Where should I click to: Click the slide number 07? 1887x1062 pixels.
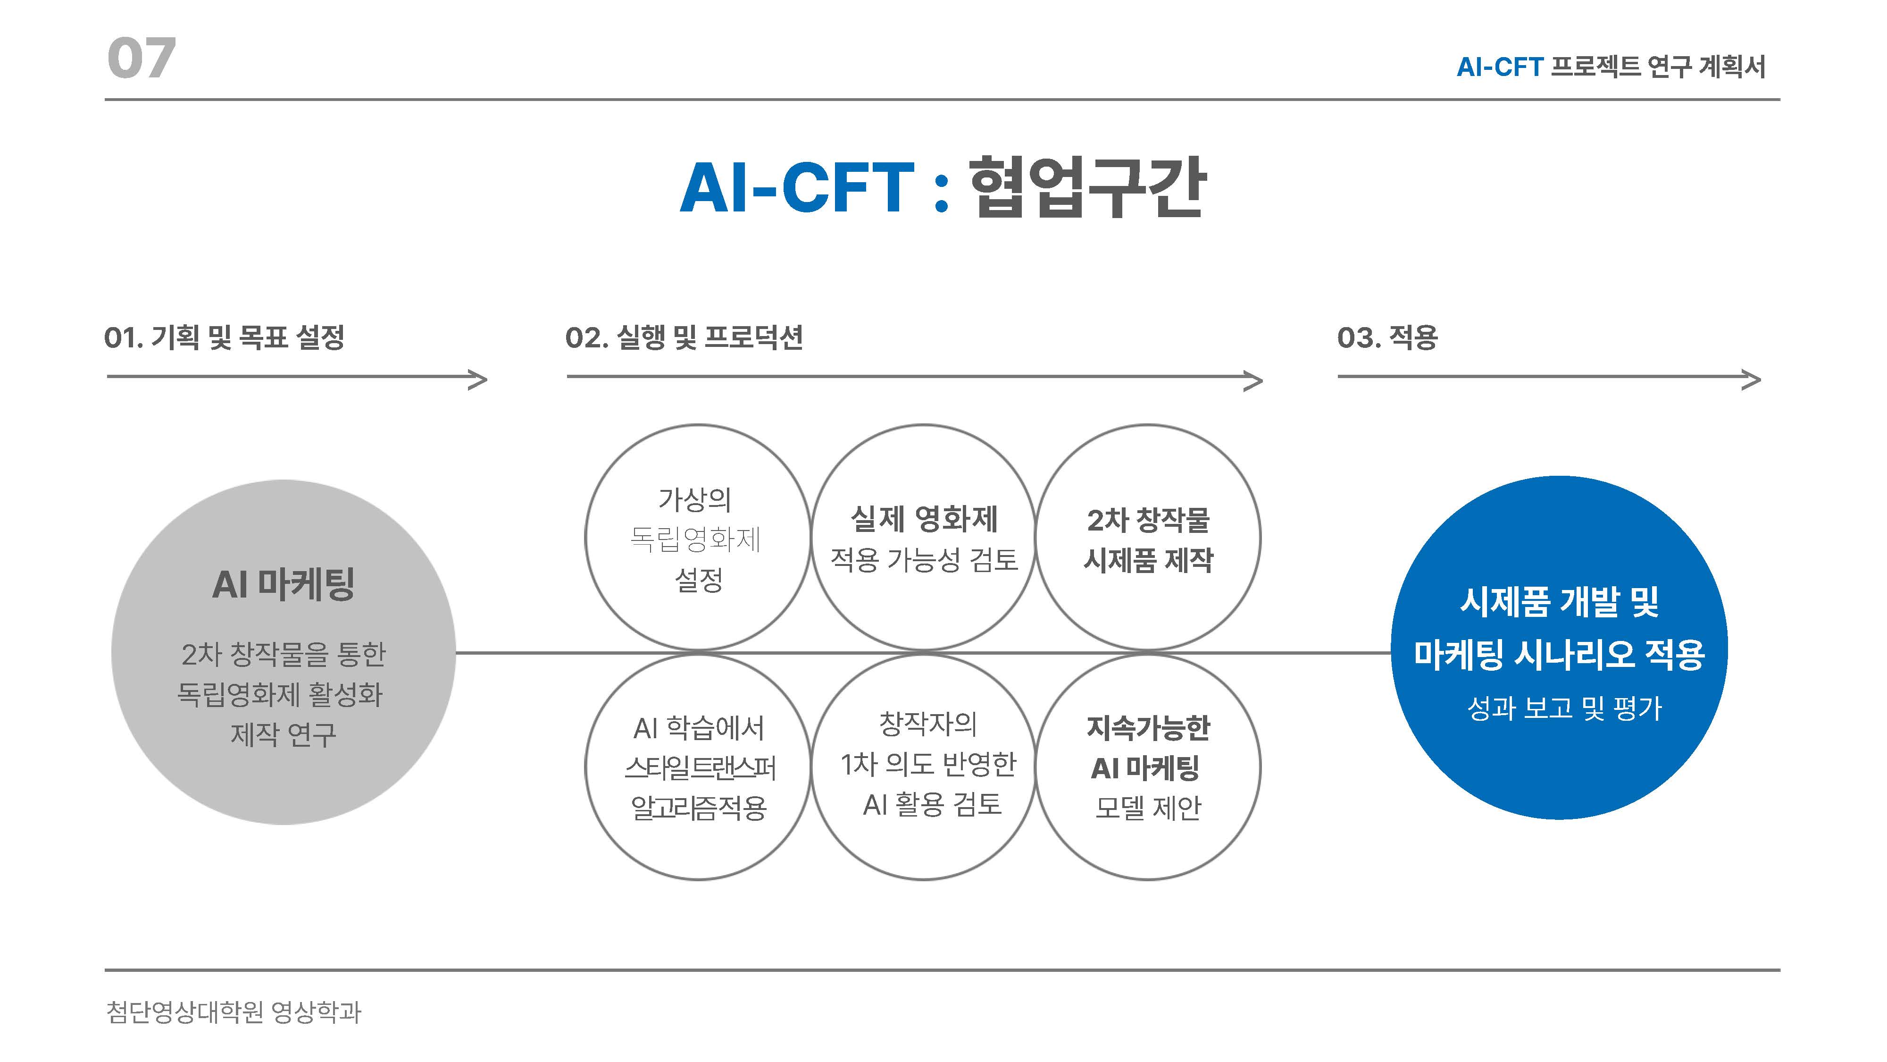[x=142, y=58]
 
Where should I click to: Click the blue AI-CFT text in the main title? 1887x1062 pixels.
[x=797, y=188]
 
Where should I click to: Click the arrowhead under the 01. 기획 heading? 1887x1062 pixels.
[x=478, y=379]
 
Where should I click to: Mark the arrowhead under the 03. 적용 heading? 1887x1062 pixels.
[x=1752, y=379]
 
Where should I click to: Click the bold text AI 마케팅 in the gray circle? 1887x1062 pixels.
[x=284, y=585]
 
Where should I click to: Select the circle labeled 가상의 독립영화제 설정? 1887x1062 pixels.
[x=697, y=537]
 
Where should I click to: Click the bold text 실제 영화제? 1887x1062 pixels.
[x=924, y=519]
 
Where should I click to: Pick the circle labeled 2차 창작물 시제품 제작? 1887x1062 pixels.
[x=1148, y=537]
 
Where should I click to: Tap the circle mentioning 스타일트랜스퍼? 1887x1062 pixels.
[x=697, y=767]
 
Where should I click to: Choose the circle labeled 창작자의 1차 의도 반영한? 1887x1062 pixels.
[x=924, y=767]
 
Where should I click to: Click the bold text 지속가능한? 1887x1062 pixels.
[x=1148, y=728]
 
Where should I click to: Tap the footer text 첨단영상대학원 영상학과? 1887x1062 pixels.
[x=234, y=1012]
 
